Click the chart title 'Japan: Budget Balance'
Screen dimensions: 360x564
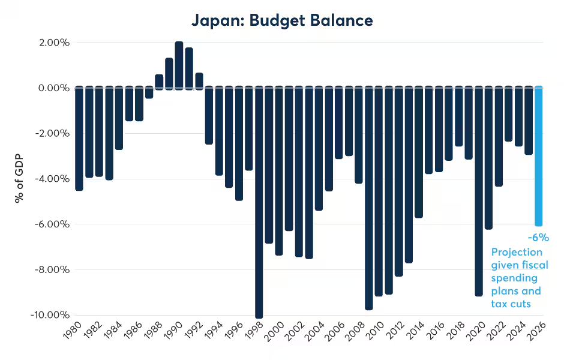tap(282, 20)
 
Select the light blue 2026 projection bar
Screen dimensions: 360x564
tap(539, 156)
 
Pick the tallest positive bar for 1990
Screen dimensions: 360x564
tap(179, 65)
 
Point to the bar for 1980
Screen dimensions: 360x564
tap(79, 139)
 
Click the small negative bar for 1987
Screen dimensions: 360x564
tap(149, 92)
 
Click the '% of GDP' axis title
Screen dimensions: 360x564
tap(20, 179)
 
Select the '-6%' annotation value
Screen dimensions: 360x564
tap(538, 238)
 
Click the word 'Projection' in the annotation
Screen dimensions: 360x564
tap(517, 252)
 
